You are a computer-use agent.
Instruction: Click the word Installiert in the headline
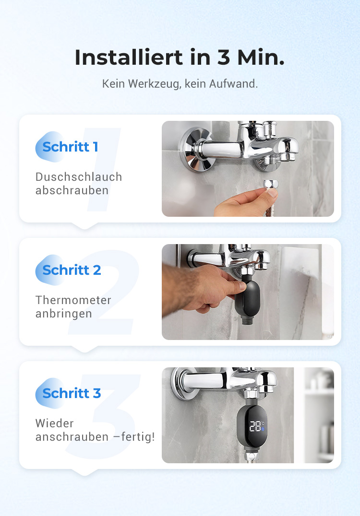point(129,57)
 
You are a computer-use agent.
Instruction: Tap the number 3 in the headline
point(223,57)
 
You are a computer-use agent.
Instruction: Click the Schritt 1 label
point(70,147)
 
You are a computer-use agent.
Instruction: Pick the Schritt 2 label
point(72,270)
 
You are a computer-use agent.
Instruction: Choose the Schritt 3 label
point(72,393)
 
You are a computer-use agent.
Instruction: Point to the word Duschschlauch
point(79,177)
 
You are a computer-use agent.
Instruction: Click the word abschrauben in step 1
point(72,190)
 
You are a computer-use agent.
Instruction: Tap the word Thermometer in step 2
point(73,300)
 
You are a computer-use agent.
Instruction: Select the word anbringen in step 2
point(63,314)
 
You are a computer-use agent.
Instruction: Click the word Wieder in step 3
point(54,423)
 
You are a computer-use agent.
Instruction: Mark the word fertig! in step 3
point(138,437)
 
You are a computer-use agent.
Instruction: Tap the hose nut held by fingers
point(271,184)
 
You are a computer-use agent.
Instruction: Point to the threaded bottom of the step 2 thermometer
point(247,319)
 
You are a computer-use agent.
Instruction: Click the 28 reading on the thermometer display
point(255,426)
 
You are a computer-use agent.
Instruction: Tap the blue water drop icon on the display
point(263,429)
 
